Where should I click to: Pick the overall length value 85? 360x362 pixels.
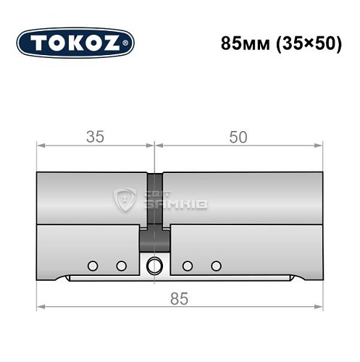click(179, 298)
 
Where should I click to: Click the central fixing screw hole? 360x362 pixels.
click(154, 264)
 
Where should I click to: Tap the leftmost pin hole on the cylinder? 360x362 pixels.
click(92, 265)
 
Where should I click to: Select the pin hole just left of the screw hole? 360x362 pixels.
click(120, 265)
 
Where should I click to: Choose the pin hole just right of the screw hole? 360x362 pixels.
click(188, 265)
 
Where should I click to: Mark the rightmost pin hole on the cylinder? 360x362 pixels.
click(215, 265)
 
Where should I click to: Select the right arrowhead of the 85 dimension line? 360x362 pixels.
click(319, 308)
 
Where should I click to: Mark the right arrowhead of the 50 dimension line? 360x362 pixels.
click(319, 146)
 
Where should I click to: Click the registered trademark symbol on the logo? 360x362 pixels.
click(130, 43)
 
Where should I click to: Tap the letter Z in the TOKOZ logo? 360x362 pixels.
click(116, 43)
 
